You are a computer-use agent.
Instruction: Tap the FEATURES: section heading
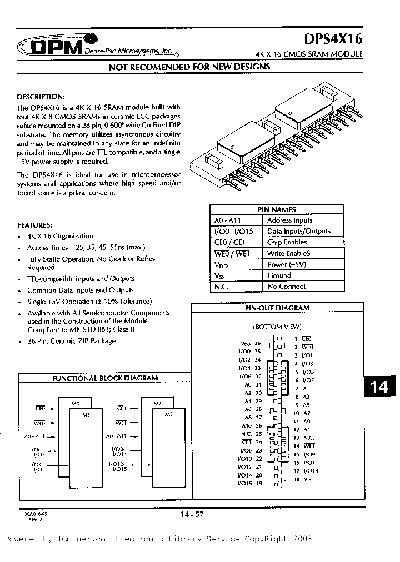[36, 225]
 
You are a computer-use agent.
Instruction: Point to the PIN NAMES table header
[276, 209]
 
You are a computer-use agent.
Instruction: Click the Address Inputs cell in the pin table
[289, 220]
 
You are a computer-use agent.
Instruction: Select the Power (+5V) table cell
[287, 264]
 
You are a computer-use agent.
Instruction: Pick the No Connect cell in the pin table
[286, 287]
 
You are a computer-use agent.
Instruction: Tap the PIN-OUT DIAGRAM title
[277, 308]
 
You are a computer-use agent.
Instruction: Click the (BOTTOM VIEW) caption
[277, 327]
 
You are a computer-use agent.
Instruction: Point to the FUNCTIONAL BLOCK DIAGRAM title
[105, 378]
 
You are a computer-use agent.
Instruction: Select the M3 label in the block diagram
[169, 414]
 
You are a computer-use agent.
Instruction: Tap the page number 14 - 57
[192, 514]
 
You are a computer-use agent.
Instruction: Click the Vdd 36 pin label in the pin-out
[249, 344]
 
